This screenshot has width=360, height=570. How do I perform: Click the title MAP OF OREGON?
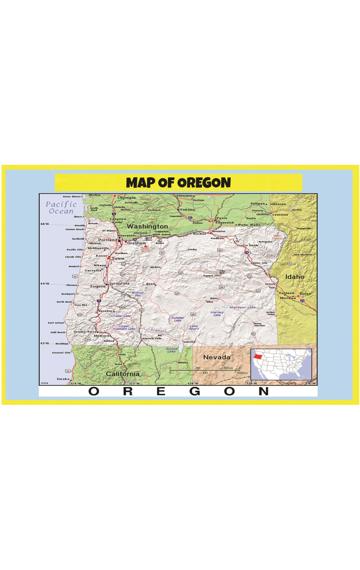[x=178, y=182]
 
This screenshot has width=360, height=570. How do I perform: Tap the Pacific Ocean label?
[x=61, y=208]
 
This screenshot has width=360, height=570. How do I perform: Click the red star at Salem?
[x=108, y=258]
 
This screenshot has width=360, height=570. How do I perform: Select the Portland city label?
[x=108, y=240]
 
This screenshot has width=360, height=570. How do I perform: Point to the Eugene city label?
[x=98, y=286]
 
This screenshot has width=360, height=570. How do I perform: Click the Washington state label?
[x=147, y=226]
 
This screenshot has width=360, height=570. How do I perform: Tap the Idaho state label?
[x=295, y=277]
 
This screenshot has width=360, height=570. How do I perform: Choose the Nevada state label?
[x=217, y=357]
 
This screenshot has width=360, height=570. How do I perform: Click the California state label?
[x=123, y=374]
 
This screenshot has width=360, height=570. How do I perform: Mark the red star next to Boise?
[x=298, y=296]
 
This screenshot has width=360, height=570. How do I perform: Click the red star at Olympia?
[x=115, y=196]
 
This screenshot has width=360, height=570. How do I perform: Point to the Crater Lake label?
[x=121, y=316]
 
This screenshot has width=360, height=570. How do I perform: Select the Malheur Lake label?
[x=243, y=307]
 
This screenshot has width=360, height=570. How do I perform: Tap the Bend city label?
[x=150, y=284]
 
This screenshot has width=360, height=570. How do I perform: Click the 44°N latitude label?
[x=45, y=284]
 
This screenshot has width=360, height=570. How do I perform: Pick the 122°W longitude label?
[x=134, y=383]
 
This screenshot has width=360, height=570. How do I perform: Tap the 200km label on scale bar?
[x=242, y=373]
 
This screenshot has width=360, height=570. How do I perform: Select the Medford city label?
[x=101, y=336]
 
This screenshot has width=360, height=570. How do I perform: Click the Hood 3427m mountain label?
[x=145, y=250]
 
